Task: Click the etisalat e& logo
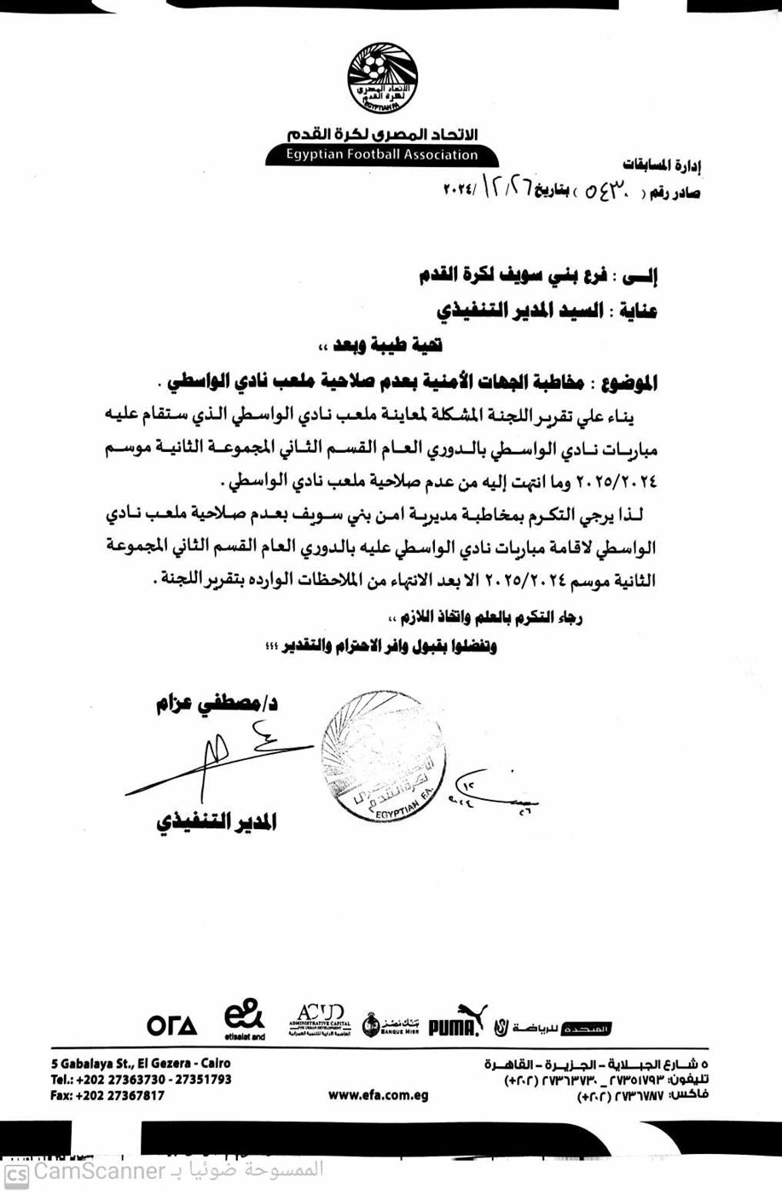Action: pos(244,1019)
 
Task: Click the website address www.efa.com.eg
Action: pos(378,1096)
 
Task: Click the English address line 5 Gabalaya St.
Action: pos(140,1064)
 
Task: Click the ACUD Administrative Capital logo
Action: pos(316,1017)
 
